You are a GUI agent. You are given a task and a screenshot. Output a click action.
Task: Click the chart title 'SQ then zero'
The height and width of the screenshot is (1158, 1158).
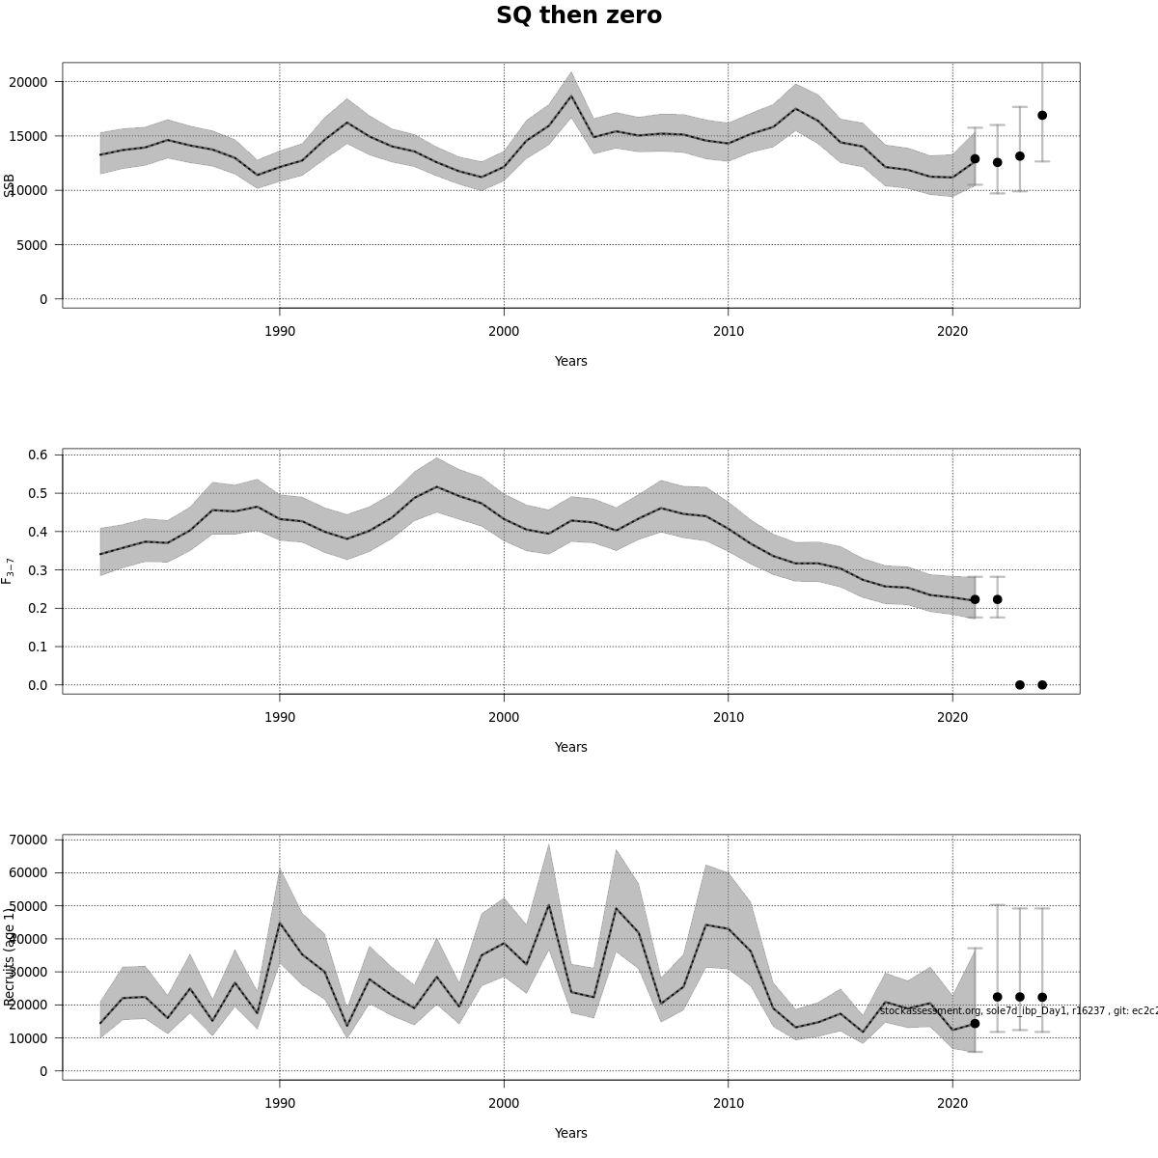click(x=578, y=16)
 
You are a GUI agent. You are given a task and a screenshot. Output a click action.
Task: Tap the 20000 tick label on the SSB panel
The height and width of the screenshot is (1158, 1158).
click(x=28, y=82)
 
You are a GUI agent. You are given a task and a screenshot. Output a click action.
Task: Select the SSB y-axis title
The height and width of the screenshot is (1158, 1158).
click(x=10, y=185)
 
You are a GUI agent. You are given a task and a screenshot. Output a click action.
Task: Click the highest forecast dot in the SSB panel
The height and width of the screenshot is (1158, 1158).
click(x=1042, y=116)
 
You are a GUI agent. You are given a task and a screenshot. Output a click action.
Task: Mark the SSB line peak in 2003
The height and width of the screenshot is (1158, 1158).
click(x=571, y=96)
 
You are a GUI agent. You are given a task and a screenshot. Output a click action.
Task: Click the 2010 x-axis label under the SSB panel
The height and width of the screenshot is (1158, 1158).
click(x=728, y=332)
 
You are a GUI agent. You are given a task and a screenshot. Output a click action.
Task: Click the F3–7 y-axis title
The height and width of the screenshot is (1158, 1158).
click(x=8, y=570)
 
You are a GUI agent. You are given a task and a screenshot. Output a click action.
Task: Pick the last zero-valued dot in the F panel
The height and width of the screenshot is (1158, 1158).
click(x=1042, y=685)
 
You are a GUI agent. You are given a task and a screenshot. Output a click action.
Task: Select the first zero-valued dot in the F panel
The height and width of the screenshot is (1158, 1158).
click(x=1020, y=685)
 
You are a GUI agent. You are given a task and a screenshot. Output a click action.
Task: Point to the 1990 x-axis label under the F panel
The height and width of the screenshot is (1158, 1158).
click(x=280, y=718)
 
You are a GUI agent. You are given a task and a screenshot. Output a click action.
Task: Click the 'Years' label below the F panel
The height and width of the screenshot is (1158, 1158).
click(x=570, y=747)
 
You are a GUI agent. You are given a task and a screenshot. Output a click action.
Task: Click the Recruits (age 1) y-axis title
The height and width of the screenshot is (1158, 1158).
click(x=10, y=956)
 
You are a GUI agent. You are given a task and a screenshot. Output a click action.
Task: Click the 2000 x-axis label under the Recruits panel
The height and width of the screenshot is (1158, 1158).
click(x=504, y=1104)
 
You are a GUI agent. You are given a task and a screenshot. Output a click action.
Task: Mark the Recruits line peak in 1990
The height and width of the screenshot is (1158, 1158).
click(x=280, y=924)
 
